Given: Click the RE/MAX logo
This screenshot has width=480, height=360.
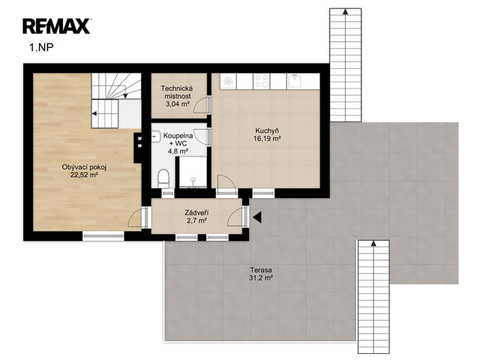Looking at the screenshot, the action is [56, 26].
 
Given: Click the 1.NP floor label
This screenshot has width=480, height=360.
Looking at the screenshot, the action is [41, 48].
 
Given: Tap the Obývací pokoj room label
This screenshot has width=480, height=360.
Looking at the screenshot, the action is [84, 167].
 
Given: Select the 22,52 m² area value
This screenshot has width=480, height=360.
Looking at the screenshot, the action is [84, 175].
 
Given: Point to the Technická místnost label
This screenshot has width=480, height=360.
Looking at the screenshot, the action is [177, 92].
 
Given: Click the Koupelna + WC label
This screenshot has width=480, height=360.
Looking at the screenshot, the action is [178, 139].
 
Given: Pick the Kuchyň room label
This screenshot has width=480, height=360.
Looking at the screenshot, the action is [267, 131].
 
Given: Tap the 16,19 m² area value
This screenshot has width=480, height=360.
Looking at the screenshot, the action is [267, 139].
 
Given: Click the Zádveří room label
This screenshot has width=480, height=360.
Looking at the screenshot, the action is [196, 212].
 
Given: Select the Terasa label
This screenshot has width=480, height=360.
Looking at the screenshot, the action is [261, 270].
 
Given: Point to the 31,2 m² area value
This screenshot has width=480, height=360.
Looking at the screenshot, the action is [261, 278].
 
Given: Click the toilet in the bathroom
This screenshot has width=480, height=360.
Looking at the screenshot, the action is [163, 178].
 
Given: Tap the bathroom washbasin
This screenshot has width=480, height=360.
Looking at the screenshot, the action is [156, 136].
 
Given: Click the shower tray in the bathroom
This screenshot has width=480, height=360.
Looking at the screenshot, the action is [193, 172].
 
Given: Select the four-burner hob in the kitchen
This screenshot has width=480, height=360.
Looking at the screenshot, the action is [262, 81].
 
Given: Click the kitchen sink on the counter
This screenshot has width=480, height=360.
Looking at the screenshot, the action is [294, 81].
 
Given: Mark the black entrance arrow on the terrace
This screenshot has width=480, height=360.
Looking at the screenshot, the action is [256, 217].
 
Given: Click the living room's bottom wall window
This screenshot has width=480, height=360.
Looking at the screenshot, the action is [103, 236].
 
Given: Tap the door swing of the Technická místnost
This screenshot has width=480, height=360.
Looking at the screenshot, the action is [200, 105].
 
